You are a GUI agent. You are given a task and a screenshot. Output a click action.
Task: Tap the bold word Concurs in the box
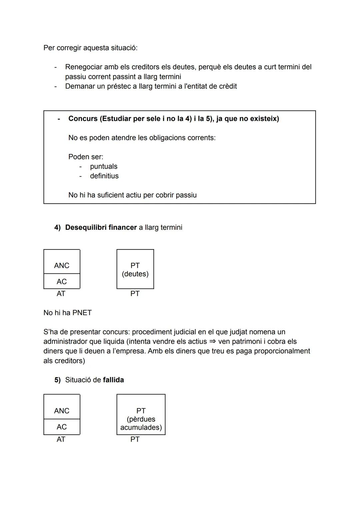[x=83, y=119]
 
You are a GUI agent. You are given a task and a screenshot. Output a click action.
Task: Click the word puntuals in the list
[x=104, y=166]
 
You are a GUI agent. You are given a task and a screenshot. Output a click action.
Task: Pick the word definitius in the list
[x=104, y=176]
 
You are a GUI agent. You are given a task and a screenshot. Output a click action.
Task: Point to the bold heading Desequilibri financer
[x=101, y=228]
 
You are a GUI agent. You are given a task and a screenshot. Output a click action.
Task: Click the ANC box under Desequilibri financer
[x=62, y=262]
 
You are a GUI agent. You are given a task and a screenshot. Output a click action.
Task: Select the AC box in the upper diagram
[x=62, y=281]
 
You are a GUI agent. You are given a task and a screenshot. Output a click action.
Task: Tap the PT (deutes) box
[x=135, y=269]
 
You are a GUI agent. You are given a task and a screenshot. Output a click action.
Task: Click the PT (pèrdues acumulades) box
[x=141, y=415]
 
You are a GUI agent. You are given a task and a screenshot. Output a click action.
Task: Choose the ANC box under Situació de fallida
[x=62, y=407]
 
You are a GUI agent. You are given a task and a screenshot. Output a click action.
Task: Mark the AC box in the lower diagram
[x=62, y=427]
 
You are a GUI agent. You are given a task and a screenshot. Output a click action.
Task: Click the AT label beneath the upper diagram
[x=61, y=293]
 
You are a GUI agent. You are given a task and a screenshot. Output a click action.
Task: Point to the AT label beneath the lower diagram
[x=61, y=439]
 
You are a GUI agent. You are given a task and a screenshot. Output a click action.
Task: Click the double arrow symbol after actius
[x=212, y=341]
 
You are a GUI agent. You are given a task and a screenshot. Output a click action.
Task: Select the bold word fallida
[x=113, y=380]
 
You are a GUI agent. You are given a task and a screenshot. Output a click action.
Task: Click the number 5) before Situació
[x=57, y=380]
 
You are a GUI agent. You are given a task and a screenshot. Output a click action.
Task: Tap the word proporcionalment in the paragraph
[x=282, y=351]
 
